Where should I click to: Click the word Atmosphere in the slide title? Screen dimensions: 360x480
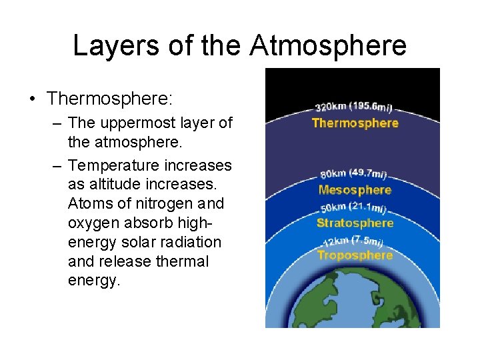point(328,45)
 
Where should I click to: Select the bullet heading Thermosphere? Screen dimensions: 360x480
point(110,99)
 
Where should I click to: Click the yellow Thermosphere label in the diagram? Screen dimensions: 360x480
point(355,123)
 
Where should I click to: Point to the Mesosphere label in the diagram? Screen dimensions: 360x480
point(354,190)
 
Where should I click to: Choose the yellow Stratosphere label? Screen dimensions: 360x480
point(355,223)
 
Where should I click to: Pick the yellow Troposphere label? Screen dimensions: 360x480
point(355,255)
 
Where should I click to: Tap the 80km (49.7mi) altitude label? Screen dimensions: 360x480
point(353,175)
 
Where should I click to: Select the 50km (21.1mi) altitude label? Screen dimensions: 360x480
point(353,207)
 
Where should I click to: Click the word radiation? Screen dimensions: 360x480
point(189,242)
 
